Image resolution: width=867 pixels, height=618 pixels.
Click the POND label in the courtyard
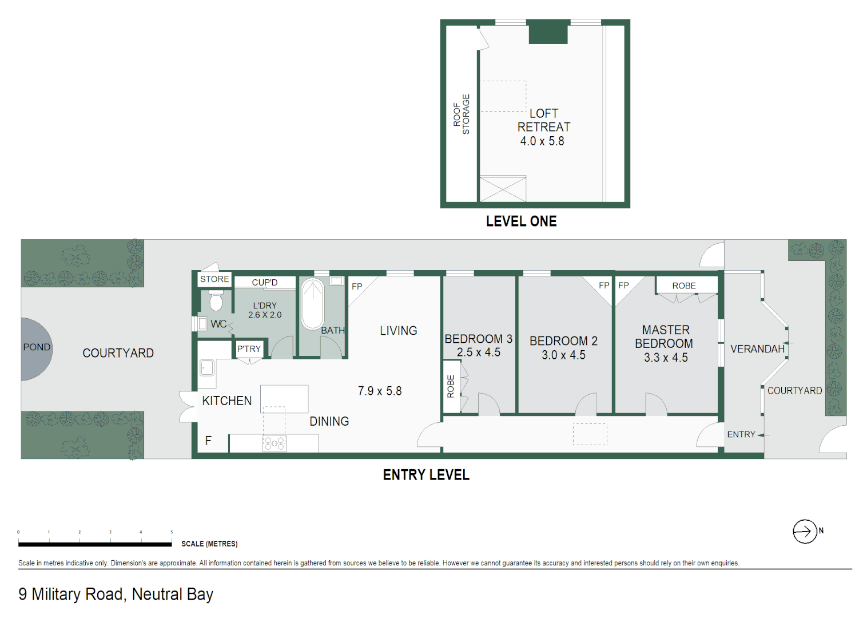click(x=37, y=347)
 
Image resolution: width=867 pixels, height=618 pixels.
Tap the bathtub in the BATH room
click(x=312, y=303)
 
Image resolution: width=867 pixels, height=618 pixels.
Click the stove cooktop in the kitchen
click(x=274, y=443)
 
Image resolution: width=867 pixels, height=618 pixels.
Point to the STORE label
click(x=214, y=279)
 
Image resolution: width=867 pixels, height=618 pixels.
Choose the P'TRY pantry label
click(x=249, y=349)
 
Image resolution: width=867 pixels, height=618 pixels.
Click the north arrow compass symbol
click(x=804, y=532)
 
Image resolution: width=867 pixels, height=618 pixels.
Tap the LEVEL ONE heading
click(x=521, y=221)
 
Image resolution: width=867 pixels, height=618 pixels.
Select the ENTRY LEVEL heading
click(x=426, y=475)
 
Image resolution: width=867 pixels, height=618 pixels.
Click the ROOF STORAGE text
click(x=461, y=114)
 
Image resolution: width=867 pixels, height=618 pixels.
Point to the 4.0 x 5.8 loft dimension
click(x=542, y=141)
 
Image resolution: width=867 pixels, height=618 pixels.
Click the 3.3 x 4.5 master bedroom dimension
click(x=666, y=358)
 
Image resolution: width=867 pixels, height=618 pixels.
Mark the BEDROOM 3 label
click(x=478, y=339)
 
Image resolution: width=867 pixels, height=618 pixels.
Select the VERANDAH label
click(x=757, y=349)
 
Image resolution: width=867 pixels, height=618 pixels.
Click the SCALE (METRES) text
click(x=209, y=544)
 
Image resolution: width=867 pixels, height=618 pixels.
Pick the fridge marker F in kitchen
click(x=208, y=441)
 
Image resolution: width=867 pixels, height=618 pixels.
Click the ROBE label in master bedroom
click(x=684, y=286)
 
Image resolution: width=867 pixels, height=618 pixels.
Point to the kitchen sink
click(x=206, y=367)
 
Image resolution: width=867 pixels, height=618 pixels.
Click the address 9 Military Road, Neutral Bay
click(x=116, y=595)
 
